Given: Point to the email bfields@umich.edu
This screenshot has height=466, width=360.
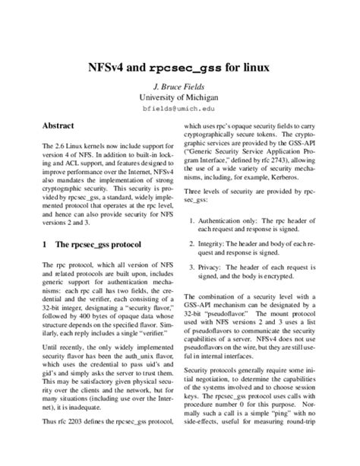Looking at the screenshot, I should [x=179, y=109].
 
